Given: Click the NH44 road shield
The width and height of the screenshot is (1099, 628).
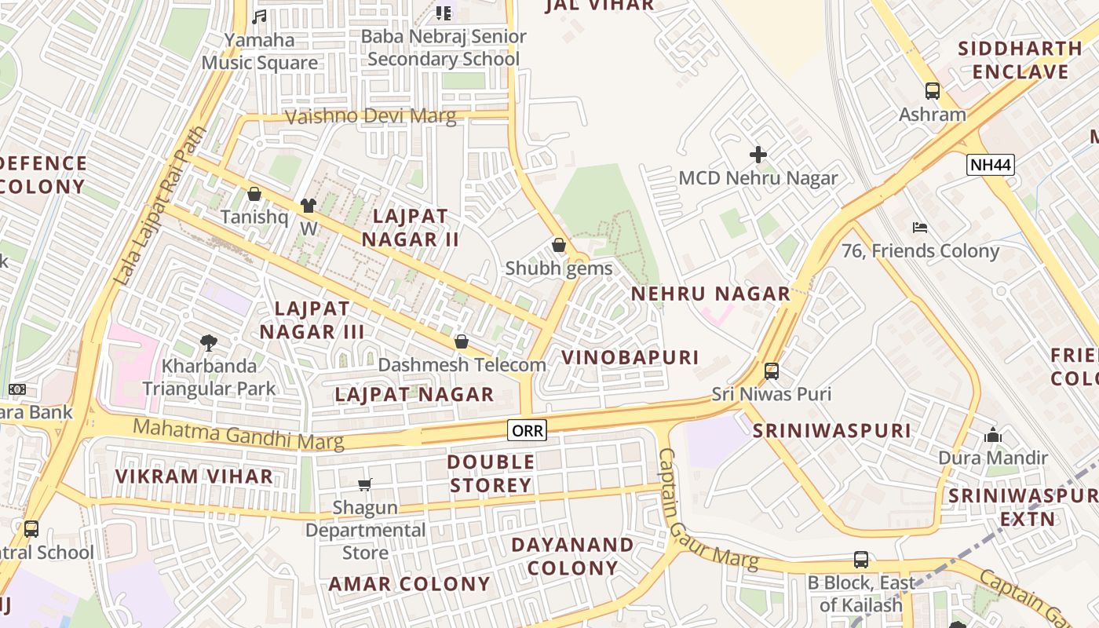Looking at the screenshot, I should [x=991, y=165].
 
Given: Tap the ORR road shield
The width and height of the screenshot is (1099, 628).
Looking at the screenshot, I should [x=527, y=430].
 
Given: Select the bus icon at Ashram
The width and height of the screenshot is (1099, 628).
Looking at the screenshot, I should [x=932, y=91].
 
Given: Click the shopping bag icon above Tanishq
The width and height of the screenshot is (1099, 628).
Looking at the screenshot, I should [x=254, y=194].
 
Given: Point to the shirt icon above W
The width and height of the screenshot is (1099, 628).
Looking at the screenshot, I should [x=309, y=206].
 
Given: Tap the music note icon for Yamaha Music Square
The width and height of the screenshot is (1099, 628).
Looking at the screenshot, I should [x=259, y=16].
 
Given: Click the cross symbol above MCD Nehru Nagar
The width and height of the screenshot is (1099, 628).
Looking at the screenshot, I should [x=758, y=155].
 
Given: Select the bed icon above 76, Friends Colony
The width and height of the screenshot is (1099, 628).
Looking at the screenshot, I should [x=920, y=228].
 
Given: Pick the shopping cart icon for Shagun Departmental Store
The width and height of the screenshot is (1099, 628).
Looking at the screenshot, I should [x=365, y=484].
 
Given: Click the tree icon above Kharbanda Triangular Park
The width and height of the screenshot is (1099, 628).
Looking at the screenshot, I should [x=209, y=342].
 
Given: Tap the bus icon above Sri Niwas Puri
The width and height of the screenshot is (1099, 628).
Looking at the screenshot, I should [x=772, y=371].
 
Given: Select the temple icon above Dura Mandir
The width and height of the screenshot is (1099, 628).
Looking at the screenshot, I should [x=993, y=435].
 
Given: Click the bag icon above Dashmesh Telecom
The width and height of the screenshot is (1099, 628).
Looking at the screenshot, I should [x=462, y=341].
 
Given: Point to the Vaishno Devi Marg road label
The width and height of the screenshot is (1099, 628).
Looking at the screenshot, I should [x=370, y=117].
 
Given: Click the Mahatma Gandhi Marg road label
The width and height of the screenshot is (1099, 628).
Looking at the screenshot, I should [x=239, y=434].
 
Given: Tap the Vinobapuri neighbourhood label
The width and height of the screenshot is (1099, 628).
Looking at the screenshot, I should [x=630, y=358].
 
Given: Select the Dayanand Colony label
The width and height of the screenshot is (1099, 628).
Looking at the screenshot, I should [x=573, y=556].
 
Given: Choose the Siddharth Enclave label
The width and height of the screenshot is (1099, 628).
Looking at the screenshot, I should [x=1020, y=60].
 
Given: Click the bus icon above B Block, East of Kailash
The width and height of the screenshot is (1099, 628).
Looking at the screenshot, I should [x=861, y=560].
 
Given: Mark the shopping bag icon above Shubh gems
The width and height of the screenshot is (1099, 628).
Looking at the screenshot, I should [x=559, y=245].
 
